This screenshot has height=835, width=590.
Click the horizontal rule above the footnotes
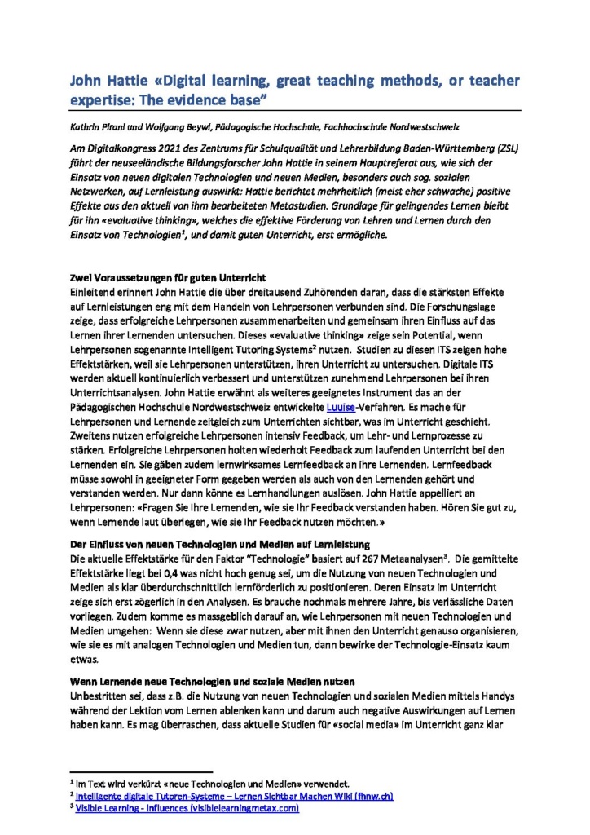140,770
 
